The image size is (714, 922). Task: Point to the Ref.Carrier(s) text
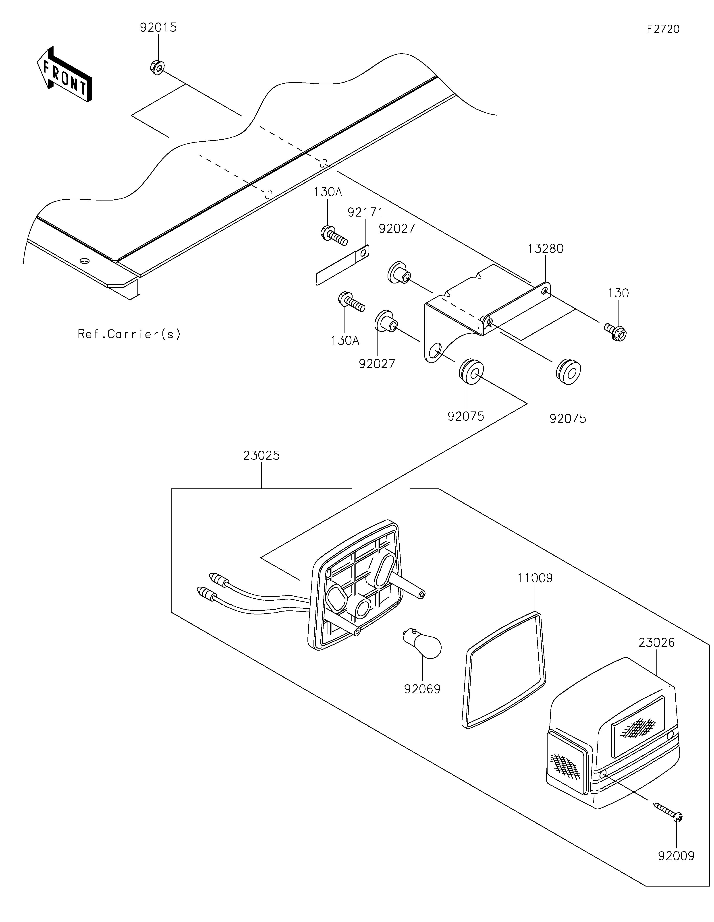tap(129, 334)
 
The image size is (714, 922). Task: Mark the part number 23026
tap(657, 643)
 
